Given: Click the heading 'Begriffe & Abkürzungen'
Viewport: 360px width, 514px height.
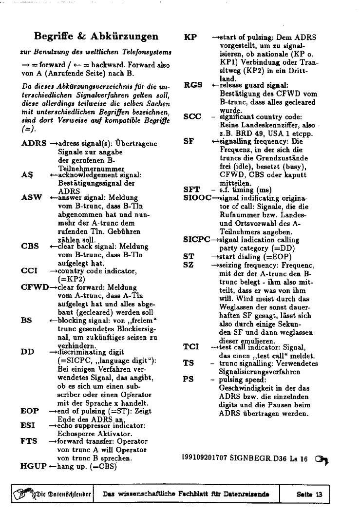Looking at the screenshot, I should click(96, 37).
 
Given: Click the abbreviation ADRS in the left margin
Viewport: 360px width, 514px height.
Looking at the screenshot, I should click(34, 144).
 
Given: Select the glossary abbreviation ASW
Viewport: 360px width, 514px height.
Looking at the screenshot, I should click(32, 198).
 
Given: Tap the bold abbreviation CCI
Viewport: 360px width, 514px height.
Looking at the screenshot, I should click(30, 270).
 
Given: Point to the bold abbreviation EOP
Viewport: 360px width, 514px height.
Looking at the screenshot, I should click(30, 411).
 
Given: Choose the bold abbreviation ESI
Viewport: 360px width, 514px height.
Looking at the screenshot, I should click(28, 425).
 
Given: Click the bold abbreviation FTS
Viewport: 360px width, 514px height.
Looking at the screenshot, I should click(29, 441).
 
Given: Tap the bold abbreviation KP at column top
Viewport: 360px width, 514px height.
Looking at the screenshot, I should click(190, 37).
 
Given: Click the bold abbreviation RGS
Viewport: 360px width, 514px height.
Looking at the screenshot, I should click(193, 85).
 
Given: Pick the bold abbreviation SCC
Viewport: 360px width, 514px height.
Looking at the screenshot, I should click(192, 116).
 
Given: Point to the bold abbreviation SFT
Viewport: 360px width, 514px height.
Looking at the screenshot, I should click(192, 190).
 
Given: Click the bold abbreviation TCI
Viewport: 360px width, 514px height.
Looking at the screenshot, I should click(191, 347).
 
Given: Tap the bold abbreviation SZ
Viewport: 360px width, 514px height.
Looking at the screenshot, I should click(189, 265).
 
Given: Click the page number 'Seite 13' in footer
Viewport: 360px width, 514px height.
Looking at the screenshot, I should click(309, 494).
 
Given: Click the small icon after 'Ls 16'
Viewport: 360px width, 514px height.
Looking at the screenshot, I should click(321, 459).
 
